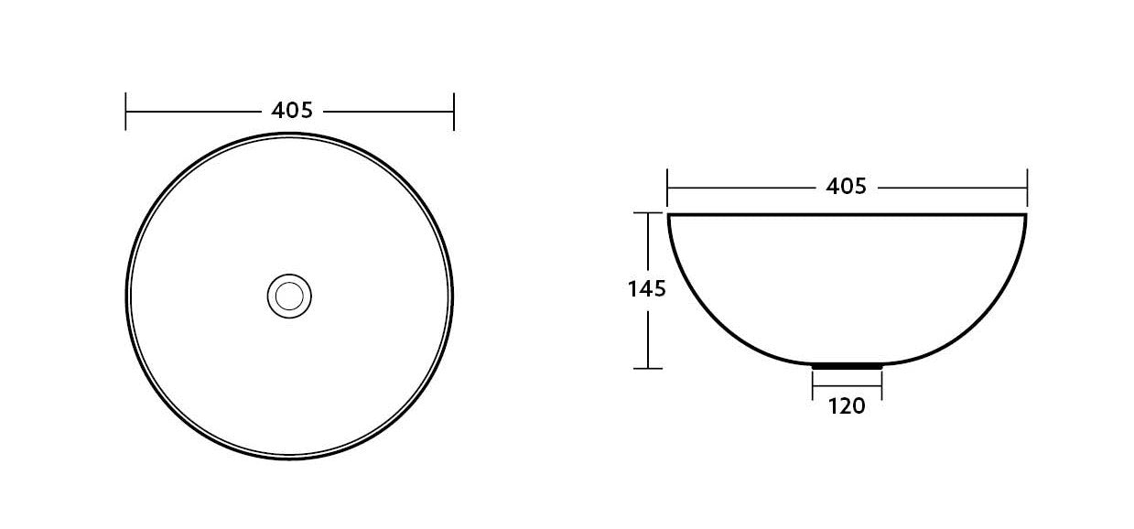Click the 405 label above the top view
click(x=292, y=111)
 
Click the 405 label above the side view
click(x=846, y=187)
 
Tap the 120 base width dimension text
click(x=847, y=406)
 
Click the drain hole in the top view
click(x=289, y=295)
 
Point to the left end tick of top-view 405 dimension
click(x=125, y=111)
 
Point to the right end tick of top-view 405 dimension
click(x=454, y=111)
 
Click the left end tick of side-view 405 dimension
click(x=668, y=188)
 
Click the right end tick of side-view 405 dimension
click(x=1027, y=188)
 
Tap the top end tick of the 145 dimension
click(x=648, y=213)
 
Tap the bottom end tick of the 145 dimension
click(x=648, y=368)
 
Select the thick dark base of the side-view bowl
click(x=847, y=365)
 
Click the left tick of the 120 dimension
click(x=813, y=384)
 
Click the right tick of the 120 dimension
click(x=881, y=384)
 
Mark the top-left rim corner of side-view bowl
click(x=669, y=215)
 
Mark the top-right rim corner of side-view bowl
click(x=1026, y=215)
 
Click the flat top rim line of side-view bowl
click(x=847, y=215)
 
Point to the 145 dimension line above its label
click(x=648, y=243)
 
